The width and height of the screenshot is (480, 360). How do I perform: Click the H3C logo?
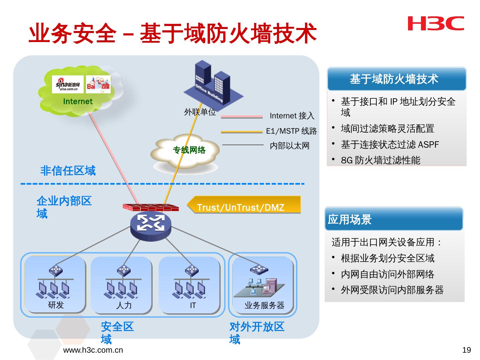pos(436,23)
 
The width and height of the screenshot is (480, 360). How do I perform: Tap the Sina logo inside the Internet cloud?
pos(68,84)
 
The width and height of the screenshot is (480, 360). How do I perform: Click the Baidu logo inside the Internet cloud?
pos(98,84)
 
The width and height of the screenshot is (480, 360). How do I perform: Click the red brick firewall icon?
pos(151,207)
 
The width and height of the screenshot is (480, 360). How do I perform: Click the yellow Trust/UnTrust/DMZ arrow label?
pos(243,205)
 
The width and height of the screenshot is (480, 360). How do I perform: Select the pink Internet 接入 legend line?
pos(242,117)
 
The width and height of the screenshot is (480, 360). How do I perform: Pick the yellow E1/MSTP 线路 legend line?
pos(242,132)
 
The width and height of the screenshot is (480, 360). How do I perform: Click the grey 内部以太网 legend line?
pos(243,145)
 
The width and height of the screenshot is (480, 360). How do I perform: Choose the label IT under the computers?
pos(193,305)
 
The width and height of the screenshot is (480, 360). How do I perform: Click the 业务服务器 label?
pos(264,305)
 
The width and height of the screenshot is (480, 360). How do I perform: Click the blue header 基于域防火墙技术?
pos(397,79)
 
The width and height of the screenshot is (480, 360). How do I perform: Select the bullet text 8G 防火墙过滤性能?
pos(381,160)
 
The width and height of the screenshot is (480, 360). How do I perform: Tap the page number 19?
pos(467,350)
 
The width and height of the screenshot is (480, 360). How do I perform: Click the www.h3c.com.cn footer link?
pos(93,350)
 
